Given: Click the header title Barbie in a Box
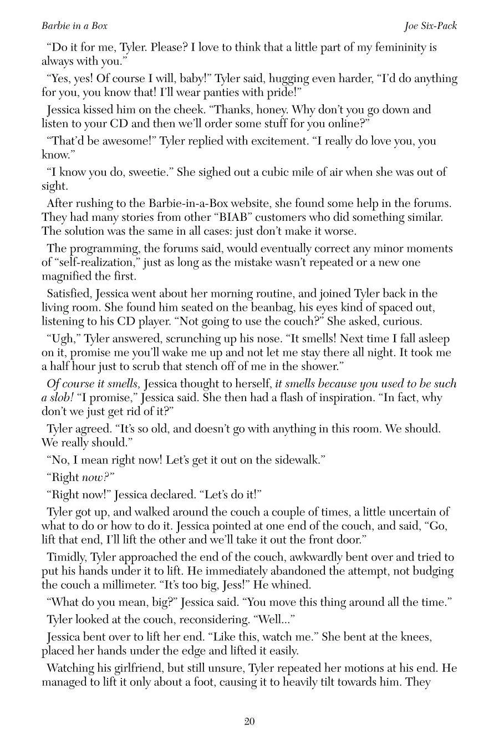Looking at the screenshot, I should [74, 26].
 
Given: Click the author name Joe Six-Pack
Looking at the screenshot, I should [430, 26].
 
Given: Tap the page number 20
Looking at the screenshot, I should [249, 721].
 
